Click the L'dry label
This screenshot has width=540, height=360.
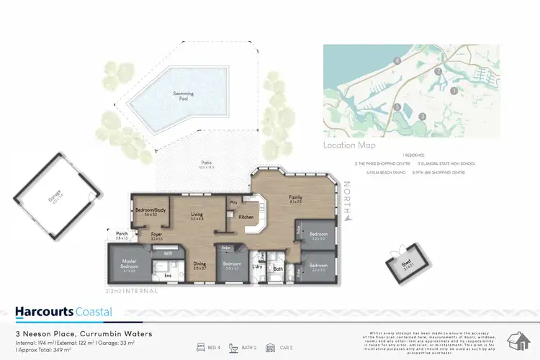point(256,266)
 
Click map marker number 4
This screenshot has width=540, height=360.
point(397,62)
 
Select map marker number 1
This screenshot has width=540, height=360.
point(454,91)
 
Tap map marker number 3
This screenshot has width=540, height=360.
point(423,115)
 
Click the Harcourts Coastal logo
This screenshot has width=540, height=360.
point(63,312)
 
